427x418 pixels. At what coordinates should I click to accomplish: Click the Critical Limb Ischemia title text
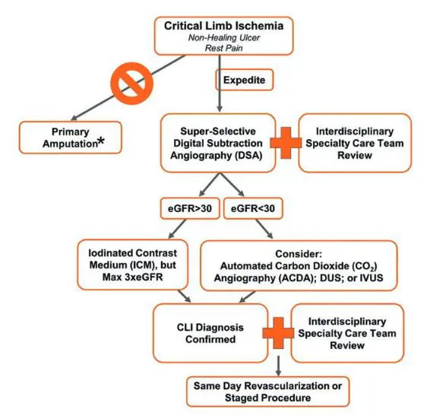223,26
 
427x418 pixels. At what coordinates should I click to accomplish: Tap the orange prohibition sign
132,84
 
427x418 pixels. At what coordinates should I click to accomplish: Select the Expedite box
245,80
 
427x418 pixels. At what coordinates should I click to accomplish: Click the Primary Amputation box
70,138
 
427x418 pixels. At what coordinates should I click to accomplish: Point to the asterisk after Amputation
101,141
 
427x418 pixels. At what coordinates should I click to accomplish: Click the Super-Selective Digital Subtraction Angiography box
218,143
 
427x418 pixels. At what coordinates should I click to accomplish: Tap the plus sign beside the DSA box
286,143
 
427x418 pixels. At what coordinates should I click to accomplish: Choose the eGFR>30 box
190,208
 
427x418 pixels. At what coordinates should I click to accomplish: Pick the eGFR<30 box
253,208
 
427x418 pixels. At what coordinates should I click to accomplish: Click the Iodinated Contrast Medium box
133,265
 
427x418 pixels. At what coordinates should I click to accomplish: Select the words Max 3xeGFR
133,277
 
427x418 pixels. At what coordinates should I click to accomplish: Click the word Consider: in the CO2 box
299,254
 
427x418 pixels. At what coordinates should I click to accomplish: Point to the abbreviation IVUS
372,277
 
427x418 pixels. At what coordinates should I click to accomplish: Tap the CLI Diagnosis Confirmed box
210,334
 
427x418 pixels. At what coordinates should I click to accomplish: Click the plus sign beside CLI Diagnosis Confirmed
278,333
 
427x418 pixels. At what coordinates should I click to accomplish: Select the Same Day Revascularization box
267,391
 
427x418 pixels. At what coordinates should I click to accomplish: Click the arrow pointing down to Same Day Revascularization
278,366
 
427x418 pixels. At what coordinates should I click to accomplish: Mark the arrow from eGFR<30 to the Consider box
264,229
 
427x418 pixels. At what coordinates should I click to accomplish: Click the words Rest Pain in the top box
223,48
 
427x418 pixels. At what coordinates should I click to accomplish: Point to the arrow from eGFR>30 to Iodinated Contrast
178,229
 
